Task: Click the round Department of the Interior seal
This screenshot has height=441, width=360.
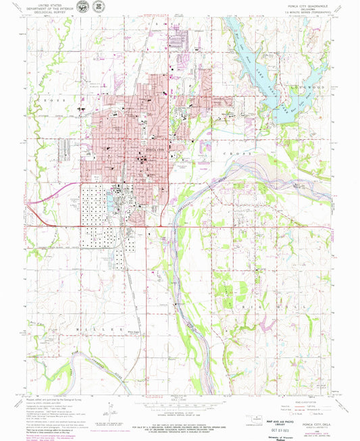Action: (82, 7)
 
